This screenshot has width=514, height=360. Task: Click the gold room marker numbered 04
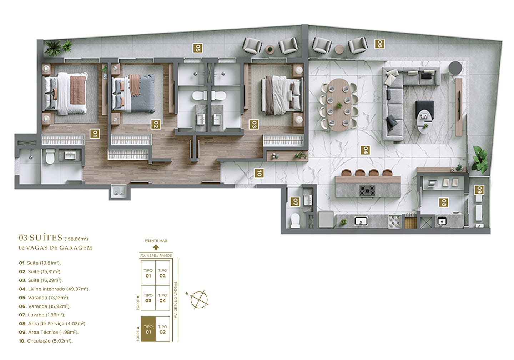[365, 150]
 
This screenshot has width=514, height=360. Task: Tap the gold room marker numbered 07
[295, 202]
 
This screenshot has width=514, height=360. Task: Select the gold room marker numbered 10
[259, 173]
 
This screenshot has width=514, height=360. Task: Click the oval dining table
[339, 105]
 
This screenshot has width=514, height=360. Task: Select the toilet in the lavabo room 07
[295, 220]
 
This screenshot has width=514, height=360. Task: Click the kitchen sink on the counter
[361, 221]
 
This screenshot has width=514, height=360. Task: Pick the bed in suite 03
[282, 96]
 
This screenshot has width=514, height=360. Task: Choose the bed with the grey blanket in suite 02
[133, 94]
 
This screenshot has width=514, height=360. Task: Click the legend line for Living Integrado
[54, 289]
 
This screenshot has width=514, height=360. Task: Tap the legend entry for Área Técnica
[49, 332]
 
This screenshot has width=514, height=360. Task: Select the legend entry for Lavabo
[42, 315]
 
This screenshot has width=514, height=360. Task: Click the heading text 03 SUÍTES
[41, 237]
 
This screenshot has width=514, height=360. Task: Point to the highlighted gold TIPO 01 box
[148, 329]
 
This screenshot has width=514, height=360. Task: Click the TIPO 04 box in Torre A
[162, 298]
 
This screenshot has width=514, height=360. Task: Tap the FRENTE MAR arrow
[156, 247]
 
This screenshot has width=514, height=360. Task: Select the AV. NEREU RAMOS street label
[156, 255]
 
